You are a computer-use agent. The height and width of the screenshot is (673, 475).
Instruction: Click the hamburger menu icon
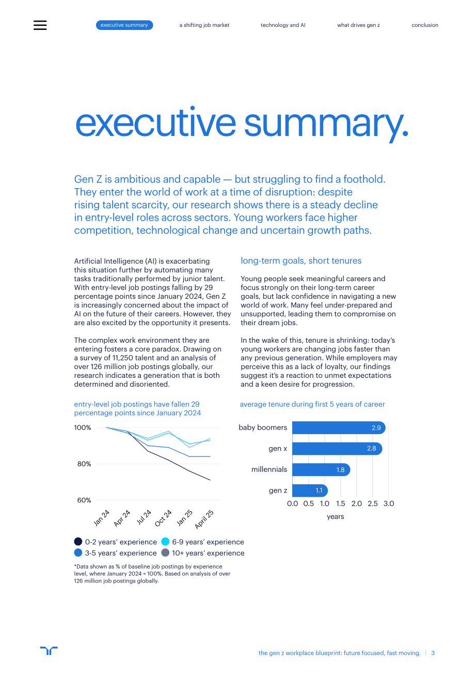(40, 25)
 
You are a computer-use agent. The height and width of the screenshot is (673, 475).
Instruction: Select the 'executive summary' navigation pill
(124, 25)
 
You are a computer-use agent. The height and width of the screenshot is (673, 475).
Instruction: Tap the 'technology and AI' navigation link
(283, 25)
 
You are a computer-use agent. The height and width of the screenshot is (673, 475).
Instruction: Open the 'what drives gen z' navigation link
(358, 25)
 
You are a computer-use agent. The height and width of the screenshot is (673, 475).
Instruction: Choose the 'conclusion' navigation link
(424, 25)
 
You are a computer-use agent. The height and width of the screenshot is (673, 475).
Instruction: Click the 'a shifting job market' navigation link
(204, 25)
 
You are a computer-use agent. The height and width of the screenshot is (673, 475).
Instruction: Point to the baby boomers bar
(339, 427)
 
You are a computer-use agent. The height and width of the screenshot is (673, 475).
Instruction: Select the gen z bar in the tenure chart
(310, 491)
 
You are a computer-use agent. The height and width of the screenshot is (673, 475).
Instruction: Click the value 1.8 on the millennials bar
(340, 469)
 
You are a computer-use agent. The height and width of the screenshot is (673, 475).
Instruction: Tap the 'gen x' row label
(278, 449)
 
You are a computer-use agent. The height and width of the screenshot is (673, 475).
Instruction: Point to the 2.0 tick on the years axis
(356, 503)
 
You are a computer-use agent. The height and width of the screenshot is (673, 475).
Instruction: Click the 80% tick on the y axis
(84, 464)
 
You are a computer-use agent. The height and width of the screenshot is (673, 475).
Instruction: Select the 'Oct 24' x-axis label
(163, 518)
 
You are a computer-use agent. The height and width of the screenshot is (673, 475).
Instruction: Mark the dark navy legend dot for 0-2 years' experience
(78, 541)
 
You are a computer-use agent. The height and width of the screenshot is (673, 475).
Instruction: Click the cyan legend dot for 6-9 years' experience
(165, 541)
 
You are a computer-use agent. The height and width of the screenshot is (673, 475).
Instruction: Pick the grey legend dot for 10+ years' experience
(165, 553)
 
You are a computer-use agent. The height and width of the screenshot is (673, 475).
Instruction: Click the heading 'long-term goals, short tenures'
(301, 261)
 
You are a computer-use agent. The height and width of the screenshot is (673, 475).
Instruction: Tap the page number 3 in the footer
(433, 653)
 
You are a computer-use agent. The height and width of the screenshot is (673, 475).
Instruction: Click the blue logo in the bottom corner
(49, 651)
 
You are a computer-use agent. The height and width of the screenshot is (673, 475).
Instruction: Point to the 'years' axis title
(335, 517)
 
